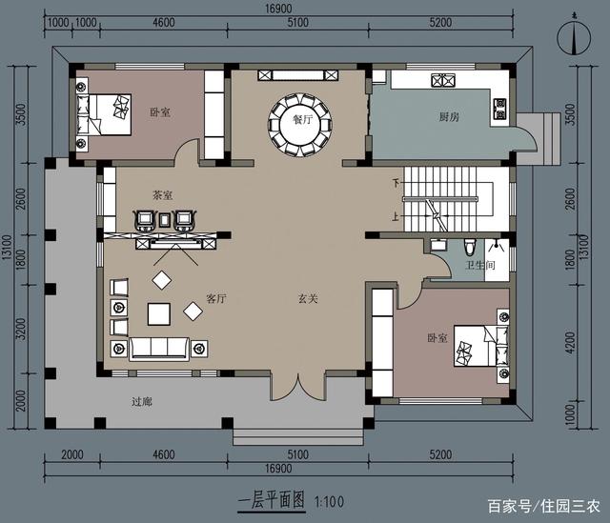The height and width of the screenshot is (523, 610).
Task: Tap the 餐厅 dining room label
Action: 303,120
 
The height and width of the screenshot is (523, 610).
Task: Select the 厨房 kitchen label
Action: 449,118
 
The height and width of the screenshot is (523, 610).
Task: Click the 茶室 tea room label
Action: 162,194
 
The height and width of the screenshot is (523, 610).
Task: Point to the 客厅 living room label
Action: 215,298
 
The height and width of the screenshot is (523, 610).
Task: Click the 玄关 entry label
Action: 307,298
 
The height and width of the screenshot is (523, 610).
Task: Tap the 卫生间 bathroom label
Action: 478,266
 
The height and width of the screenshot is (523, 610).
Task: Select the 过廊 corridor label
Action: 142,402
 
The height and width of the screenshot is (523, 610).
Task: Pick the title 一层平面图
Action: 271,498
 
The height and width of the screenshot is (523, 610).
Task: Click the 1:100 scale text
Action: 329,498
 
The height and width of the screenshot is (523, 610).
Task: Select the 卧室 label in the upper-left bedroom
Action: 161,111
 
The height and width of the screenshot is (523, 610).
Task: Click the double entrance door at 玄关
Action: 298,386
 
